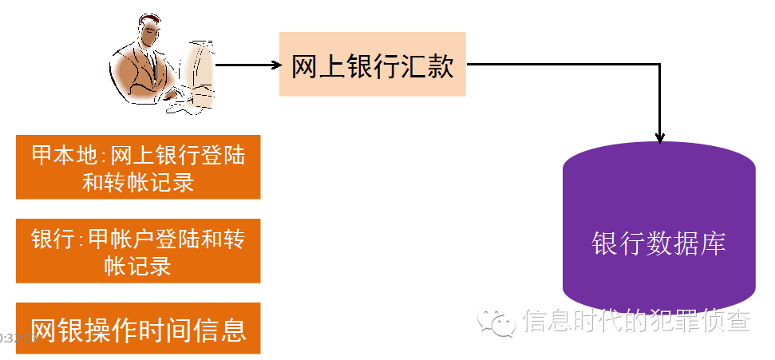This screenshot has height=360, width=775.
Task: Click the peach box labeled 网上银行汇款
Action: point(372,65)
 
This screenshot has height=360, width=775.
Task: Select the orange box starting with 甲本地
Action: point(138,167)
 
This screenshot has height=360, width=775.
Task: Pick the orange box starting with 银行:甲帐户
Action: point(138,251)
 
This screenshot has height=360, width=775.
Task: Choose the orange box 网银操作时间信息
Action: point(138,328)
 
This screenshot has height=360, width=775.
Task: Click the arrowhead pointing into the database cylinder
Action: point(659,136)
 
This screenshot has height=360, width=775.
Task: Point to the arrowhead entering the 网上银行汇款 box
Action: point(273,65)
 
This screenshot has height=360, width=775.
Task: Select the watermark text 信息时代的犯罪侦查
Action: point(636,321)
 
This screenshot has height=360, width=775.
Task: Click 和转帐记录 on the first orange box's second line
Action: point(138,182)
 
